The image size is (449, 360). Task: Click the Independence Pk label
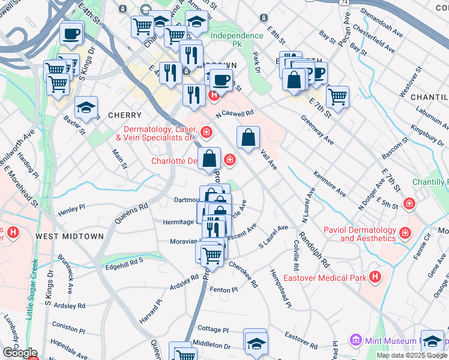point(237,35)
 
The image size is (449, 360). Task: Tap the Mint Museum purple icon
point(355,340)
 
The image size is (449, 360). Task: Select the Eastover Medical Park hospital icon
point(376,277)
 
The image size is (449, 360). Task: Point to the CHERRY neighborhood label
point(125,115)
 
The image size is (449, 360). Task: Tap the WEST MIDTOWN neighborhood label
point(70,236)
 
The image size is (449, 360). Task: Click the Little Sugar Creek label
point(31,281)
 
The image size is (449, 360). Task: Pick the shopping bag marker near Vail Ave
point(248,138)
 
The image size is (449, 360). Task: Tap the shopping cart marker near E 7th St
point(338,95)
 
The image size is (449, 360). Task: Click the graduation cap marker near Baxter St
point(86,107)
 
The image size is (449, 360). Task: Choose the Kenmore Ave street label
point(330,183)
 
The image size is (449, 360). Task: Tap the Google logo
point(20,353)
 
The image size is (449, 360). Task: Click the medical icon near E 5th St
point(409,203)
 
